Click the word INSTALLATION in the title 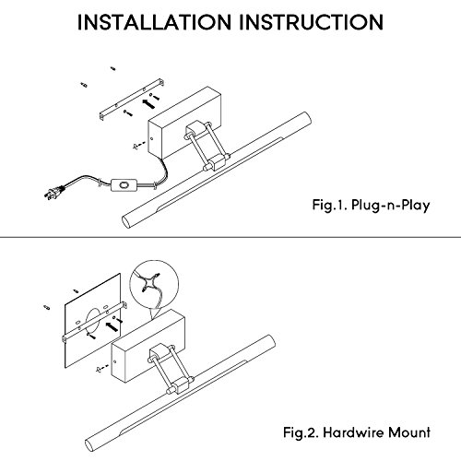click(x=154, y=22)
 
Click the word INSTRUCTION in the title click(x=311, y=22)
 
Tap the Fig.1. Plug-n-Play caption click(x=371, y=205)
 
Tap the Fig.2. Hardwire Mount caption click(x=357, y=432)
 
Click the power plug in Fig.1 click(x=53, y=193)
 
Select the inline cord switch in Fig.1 click(x=124, y=185)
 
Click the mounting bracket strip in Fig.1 click(x=132, y=100)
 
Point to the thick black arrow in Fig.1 click(x=148, y=103)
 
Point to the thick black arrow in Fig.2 click(x=112, y=326)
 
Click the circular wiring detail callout click(x=154, y=284)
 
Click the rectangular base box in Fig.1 click(x=184, y=123)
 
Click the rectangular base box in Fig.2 click(x=148, y=346)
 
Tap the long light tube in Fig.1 click(x=217, y=170)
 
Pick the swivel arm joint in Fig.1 click(x=207, y=146)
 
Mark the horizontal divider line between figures click(x=230, y=237)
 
